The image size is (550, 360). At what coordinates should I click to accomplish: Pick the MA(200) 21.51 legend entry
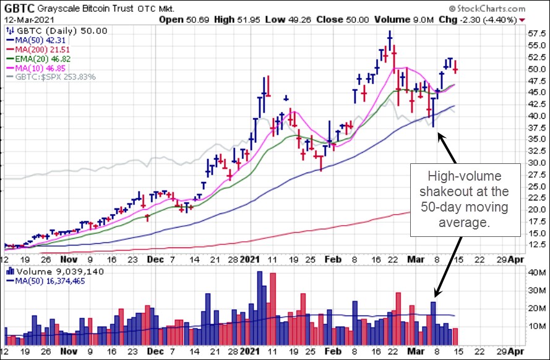pyautogui.click(x=37, y=49)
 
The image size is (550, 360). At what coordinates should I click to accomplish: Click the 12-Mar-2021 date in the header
pyautogui.click(x=28, y=20)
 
